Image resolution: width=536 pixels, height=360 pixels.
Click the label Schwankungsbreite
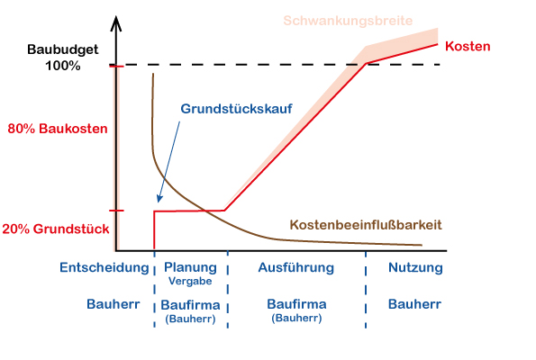pyautogui.click(x=348, y=22)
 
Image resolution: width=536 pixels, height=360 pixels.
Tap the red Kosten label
pyautogui.click(x=468, y=46)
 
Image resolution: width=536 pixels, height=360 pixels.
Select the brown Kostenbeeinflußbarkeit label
pyautogui.click(x=366, y=225)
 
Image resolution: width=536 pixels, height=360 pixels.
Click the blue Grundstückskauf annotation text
pyautogui.click(x=236, y=109)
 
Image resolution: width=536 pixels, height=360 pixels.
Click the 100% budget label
pyautogui.click(x=63, y=66)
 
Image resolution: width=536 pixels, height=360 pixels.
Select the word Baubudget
pyautogui.click(x=63, y=49)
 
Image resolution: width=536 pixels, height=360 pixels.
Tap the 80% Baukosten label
pyautogui.click(x=58, y=129)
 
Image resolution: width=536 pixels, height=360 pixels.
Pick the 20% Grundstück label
pyautogui.click(x=56, y=229)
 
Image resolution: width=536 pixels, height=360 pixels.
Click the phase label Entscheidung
pyautogui.click(x=104, y=268)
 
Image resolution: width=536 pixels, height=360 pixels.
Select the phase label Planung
pyautogui.click(x=190, y=267)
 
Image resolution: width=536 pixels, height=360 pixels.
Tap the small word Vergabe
pyautogui.click(x=190, y=281)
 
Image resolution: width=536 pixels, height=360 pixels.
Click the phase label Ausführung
pyautogui.click(x=296, y=267)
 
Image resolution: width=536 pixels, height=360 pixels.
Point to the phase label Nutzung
pyautogui.click(x=415, y=267)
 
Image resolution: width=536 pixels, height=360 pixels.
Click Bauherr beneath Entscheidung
pyautogui.click(x=114, y=304)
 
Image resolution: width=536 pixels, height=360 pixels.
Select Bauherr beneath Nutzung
pyautogui.click(x=414, y=304)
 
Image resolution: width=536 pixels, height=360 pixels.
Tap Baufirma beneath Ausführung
pyautogui.click(x=296, y=304)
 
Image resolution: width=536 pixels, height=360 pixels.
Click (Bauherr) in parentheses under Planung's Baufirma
pyautogui.click(x=190, y=319)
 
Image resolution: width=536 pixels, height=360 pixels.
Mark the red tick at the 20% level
pyautogui.click(x=116, y=211)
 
